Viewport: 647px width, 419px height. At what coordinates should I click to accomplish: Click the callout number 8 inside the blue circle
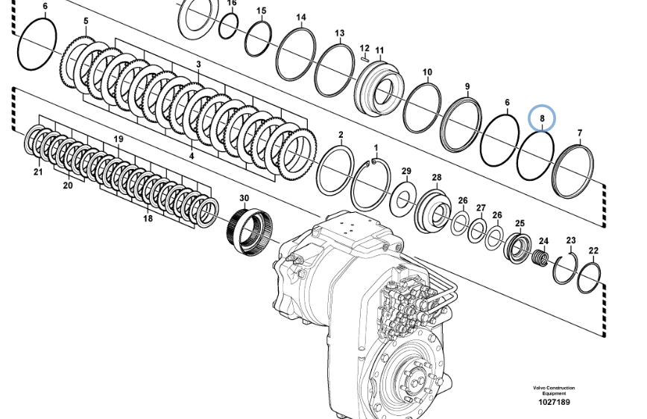(542, 118)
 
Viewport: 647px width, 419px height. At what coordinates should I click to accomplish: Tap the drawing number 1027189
(554, 402)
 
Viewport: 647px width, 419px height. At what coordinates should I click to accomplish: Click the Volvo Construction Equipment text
(554, 390)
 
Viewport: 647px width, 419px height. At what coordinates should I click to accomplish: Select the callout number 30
(244, 198)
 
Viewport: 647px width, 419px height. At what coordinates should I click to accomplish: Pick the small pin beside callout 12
(364, 53)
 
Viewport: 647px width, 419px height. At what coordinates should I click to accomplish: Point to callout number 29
(406, 172)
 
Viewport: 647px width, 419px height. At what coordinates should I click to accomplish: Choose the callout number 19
(119, 139)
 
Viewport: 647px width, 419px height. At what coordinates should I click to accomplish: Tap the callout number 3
(198, 65)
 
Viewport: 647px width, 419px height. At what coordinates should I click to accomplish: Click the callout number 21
(37, 172)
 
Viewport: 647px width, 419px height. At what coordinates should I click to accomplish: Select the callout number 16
(232, 4)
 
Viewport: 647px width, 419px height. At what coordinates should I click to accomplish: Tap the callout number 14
(301, 17)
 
